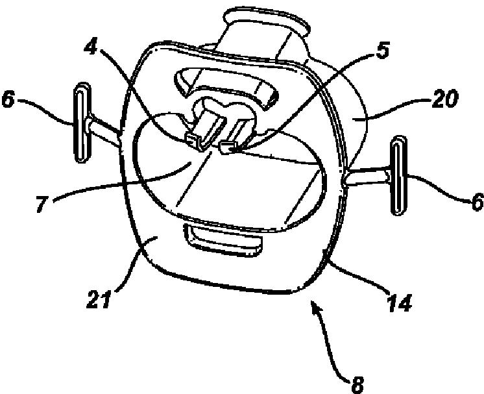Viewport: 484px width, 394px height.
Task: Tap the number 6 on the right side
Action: tap(476, 203)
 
